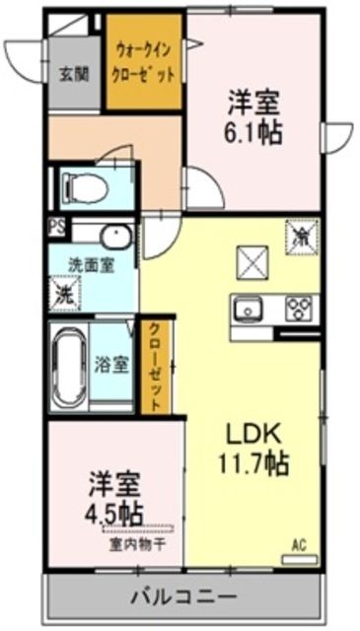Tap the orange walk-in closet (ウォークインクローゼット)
[145, 63]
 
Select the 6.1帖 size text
[255, 132]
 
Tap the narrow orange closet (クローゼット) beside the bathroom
[154, 365]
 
